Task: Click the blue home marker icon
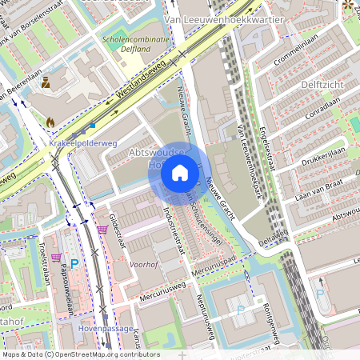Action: pos(180,172)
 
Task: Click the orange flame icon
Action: pos(51,122)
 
